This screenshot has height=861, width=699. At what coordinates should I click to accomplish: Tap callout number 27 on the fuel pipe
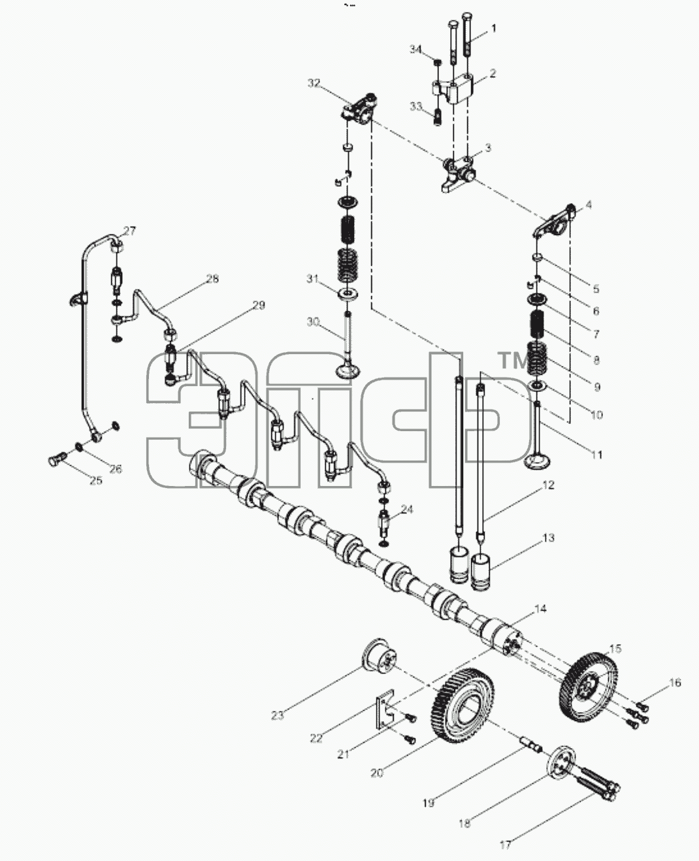[x=129, y=231]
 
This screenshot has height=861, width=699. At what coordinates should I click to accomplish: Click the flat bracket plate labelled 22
[x=385, y=711]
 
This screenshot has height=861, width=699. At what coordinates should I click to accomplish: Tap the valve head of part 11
[x=536, y=461]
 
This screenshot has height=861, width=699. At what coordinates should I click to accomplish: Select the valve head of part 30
[x=348, y=370]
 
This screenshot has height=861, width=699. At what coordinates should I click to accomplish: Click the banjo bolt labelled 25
[x=57, y=459]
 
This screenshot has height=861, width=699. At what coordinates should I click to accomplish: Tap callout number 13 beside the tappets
[x=548, y=538]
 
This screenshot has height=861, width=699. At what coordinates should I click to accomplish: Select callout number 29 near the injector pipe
[x=259, y=305]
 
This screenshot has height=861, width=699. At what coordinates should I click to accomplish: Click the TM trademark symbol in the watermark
[x=514, y=361]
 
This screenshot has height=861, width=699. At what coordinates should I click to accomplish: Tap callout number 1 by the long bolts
[x=493, y=28]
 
